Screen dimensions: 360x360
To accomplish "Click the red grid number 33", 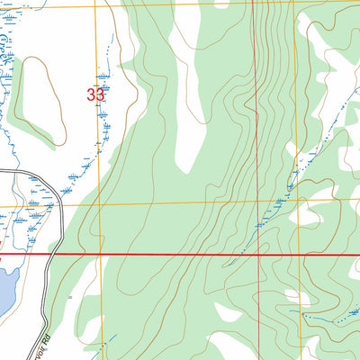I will click(95, 93).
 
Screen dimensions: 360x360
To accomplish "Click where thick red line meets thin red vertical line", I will click(259, 255).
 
